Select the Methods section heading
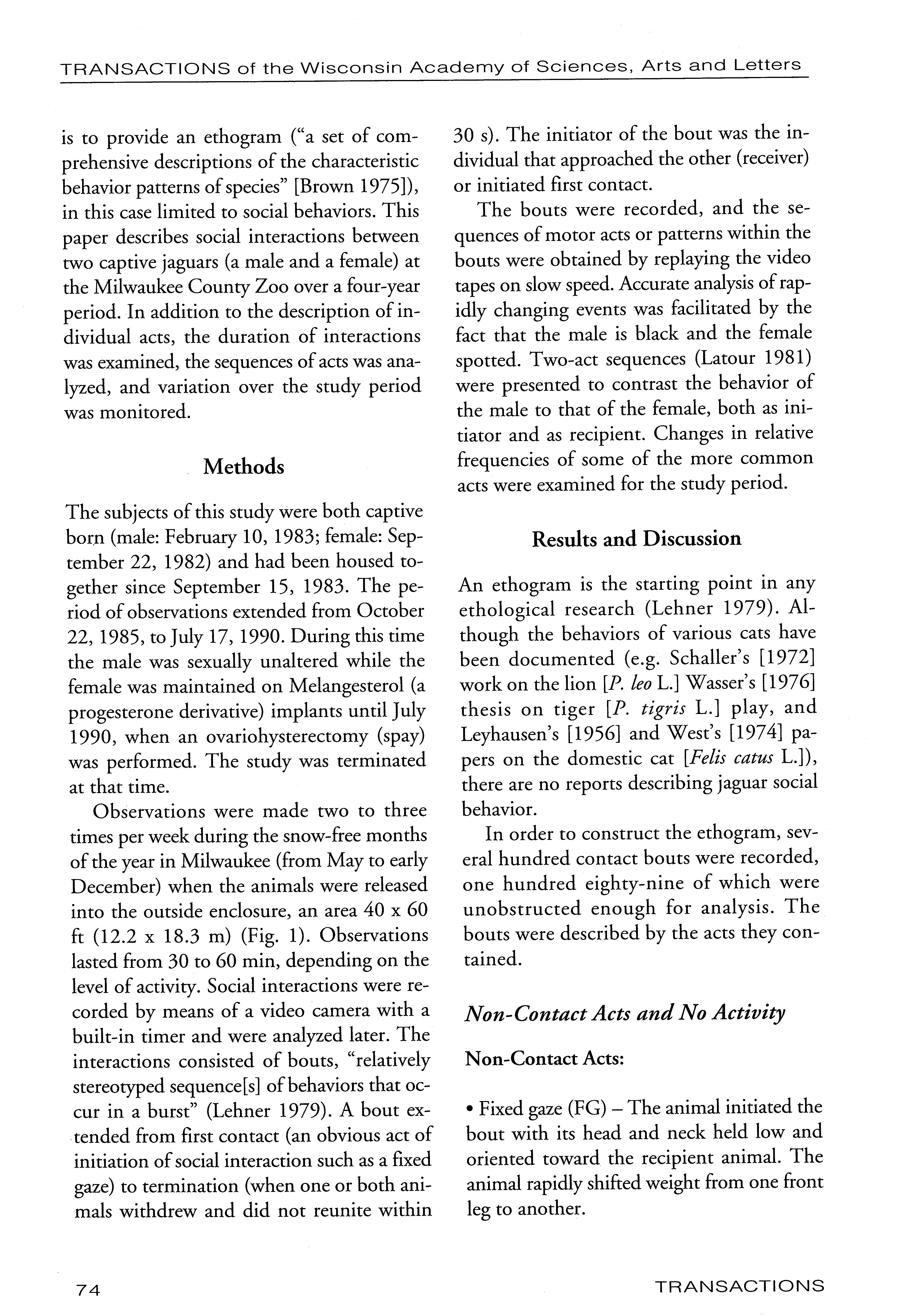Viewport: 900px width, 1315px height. pos(243,467)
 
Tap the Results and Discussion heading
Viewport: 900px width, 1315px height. pos(637,539)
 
